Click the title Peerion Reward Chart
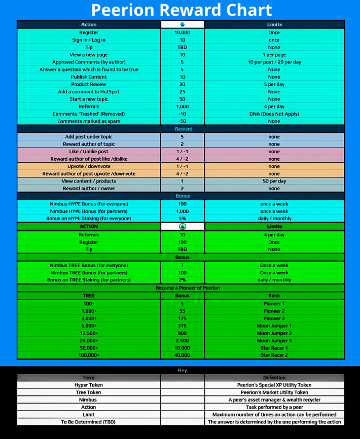tap(182, 10)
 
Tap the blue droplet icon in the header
tap(183, 24)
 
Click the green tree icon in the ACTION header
tap(183, 227)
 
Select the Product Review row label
tap(89, 84)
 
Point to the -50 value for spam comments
tap(183, 121)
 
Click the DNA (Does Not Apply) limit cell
tap(274, 114)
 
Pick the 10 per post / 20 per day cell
tap(274, 62)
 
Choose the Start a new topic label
tap(89, 99)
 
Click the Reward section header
tap(183, 129)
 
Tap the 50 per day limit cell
tap(274, 181)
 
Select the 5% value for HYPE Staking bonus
tap(183, 218)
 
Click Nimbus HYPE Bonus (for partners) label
tap(89, 211)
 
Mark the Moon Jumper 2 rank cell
tap(274, 333)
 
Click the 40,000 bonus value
tap(183, 355)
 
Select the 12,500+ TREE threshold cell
tap(89, 333)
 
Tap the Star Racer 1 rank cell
tap(274, 348)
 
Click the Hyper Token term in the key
tap(89, 385)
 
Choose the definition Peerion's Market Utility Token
tap(274, 392)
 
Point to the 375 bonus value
tap(183, 326)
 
